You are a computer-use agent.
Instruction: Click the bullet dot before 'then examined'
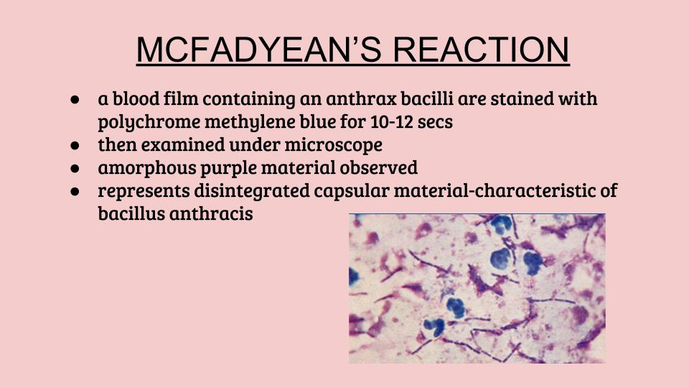[x=75, y=144]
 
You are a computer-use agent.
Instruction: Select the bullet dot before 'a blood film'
[x=75, y=98]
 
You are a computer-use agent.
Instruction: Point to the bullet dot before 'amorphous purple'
[x=75, y=168]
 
